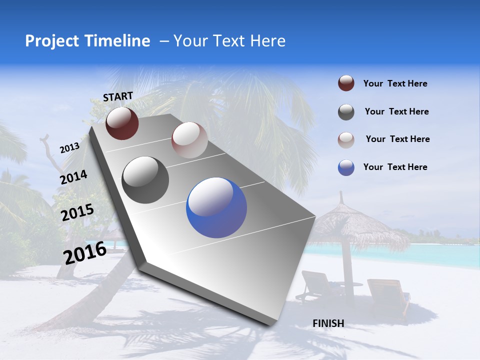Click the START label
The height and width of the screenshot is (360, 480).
(118, 96)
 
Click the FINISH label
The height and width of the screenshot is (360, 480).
(328, 323)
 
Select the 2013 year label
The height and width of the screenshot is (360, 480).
(69, 147)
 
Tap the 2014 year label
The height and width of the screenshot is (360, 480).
(73, 177)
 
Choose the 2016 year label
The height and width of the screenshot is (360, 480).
(84, 252)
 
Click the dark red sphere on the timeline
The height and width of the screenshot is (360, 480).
(122, 123)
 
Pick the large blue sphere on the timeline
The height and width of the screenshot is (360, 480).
(216, 207)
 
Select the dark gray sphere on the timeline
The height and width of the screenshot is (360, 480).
(145, 180)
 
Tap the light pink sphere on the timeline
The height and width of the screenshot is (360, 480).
(189, 140)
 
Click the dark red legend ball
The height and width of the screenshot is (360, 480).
(346, 83)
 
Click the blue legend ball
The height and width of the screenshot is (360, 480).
(346, 167)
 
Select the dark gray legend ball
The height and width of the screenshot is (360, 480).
(346, 112)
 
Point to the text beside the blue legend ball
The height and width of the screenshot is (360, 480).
(395, 167)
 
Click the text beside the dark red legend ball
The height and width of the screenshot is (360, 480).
(395, 83)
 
